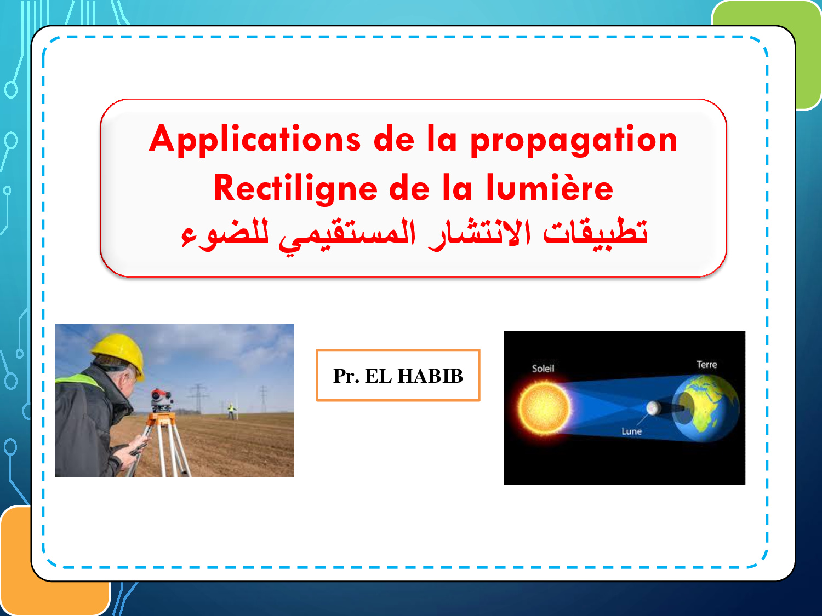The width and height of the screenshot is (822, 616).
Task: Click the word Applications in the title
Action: pyautogui.click(x=255, y=140)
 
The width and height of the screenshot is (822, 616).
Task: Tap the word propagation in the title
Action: pyautogui.click(x=574, y=140)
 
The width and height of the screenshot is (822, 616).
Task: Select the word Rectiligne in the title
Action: pyautogui.click(x=295, y=189)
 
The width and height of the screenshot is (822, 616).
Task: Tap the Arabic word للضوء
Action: pyautogui.click(x=225, y=234)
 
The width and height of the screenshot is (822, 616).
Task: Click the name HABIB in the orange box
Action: pyautogui.click(x=430, y=376)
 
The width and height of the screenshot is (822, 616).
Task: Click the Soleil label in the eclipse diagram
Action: pyautogui.click(x=543, y=369)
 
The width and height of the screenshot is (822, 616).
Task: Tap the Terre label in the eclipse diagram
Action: pyautogui.click(x=707, y=364)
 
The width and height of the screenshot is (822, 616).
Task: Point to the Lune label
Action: pyautogui.click(x=631, y=431)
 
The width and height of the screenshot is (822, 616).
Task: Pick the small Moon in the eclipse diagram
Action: pyautogui.click(x=653, y=408)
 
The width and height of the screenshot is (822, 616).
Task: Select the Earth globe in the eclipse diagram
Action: pyautogui.click(x=706, y=408)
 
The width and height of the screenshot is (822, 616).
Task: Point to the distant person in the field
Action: pyautogui.click(x=231, y=411)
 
